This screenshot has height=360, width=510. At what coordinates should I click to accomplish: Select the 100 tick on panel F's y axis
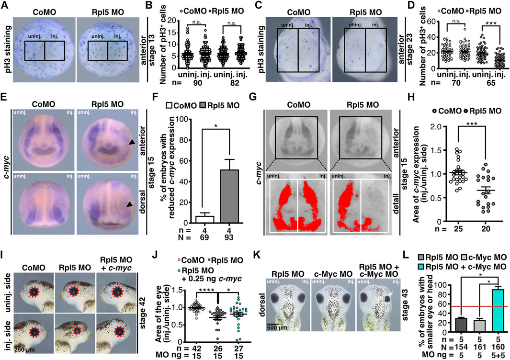(x=169, y=131)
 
